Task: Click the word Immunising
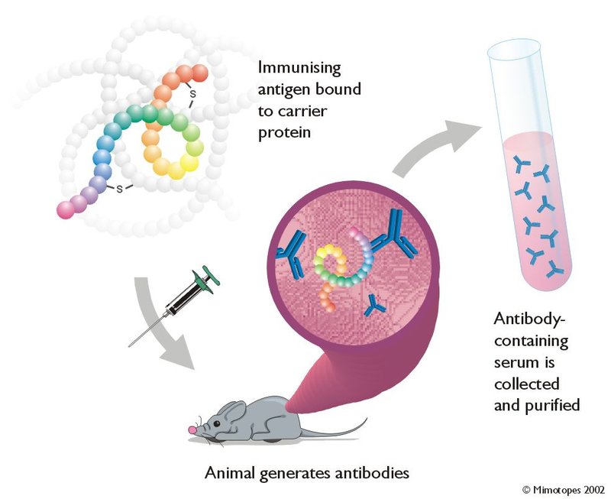click(x=299, y=69)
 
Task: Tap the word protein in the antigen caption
click(x=284, y=133)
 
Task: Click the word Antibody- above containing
click(x=529, y=319)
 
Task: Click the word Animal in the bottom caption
click(x=231, y=473)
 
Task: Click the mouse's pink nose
click(x=192, y=429)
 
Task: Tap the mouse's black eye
click(x=216, y=424)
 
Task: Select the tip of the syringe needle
click(x=129, y=346)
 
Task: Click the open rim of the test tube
click(x=514, y=48)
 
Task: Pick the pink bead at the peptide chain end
click(x=66, y=209)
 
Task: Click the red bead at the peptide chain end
click(x=200, y=73)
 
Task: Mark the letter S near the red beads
click(x=192, y=94)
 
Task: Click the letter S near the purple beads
click(x=120, y=189)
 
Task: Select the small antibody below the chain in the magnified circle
click(x=374, y=306)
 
